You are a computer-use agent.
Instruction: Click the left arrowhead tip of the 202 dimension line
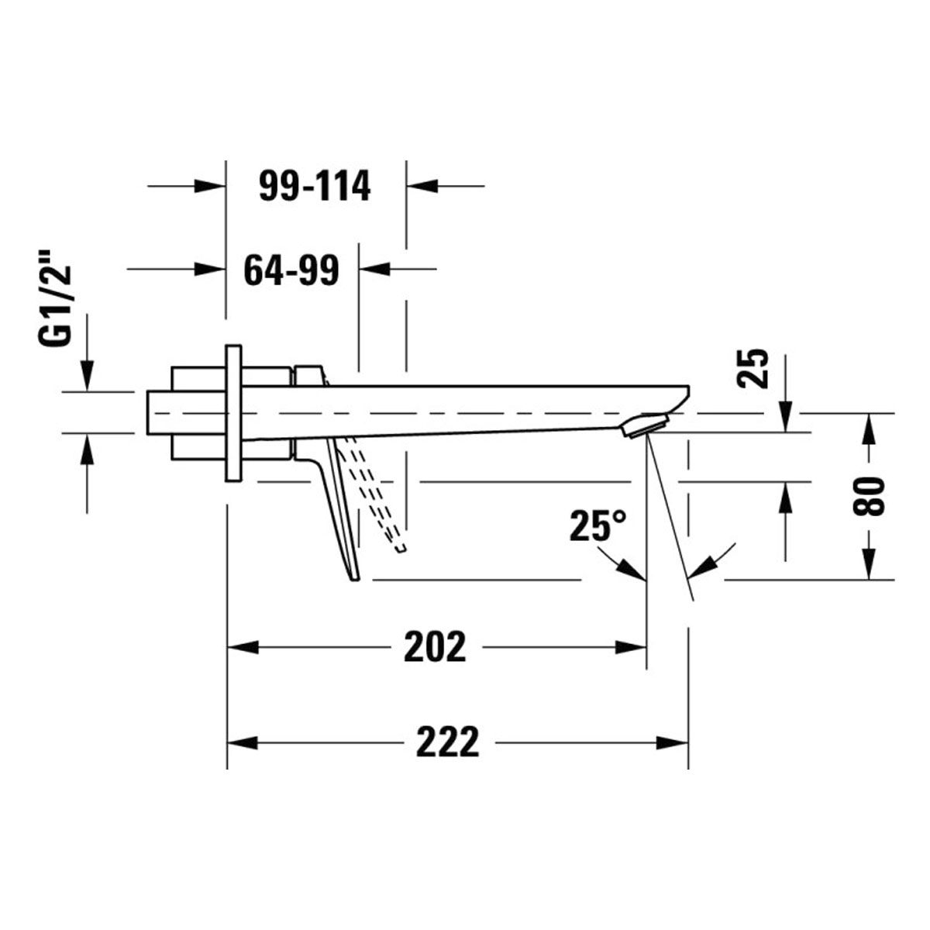[x=228, y=647]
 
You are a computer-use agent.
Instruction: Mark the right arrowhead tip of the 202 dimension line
[x=646, y=647]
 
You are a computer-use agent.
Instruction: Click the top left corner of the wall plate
[x=226, y=345]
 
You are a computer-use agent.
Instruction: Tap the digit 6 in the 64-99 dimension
[x=254, y=270]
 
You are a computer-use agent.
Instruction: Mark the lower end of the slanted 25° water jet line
[x=694, y=601]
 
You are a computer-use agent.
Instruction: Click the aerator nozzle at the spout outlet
[x=645, y=425]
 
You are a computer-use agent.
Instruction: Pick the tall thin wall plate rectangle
[x=233, y=413]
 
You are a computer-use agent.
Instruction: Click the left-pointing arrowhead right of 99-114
[x=422, y=185]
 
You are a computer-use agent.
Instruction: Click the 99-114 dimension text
[x=315, y=186]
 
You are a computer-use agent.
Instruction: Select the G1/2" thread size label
[x=54, y=305]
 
